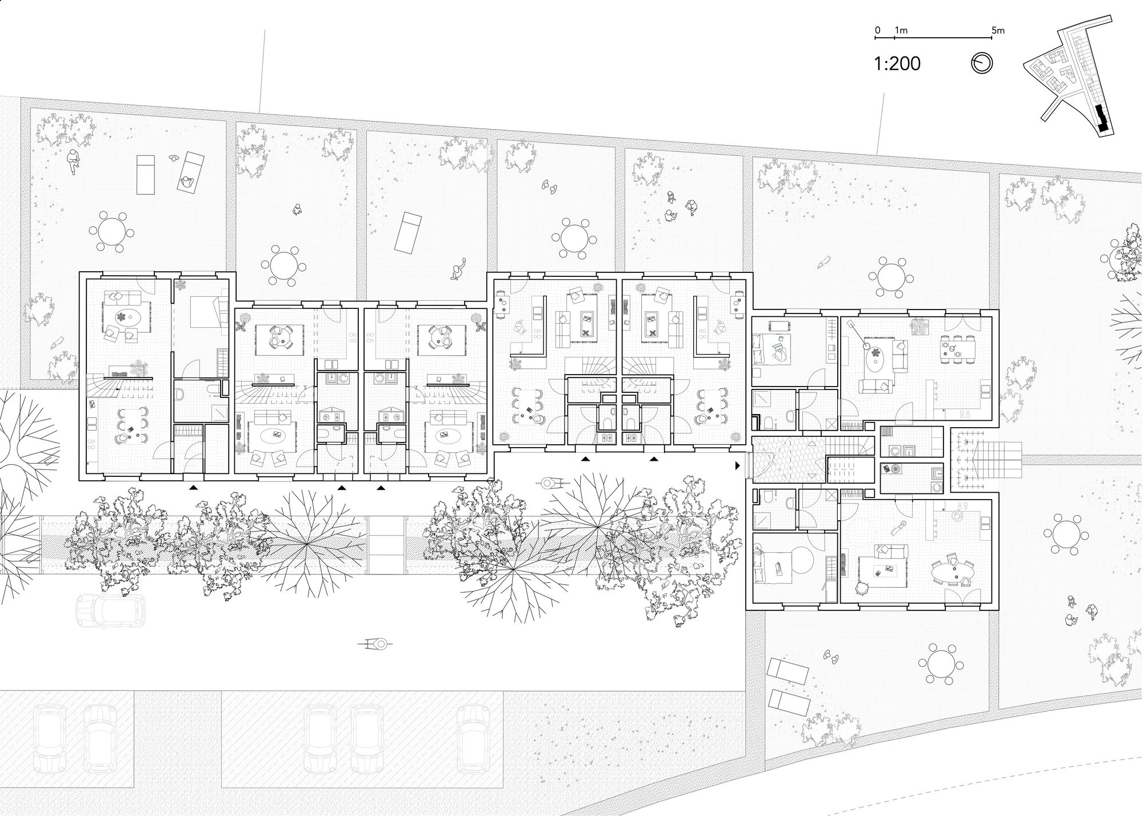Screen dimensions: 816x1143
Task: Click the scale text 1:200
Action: tap(897, 64)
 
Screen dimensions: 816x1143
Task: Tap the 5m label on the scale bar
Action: tap(998, 30)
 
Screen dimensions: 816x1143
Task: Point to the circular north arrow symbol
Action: tap(982, 63)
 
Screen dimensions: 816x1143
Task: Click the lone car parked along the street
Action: tap(110, 610)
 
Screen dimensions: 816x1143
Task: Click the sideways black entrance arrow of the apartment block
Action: tap(738, 466)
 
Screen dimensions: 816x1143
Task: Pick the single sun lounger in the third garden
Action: tap(408, 233)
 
